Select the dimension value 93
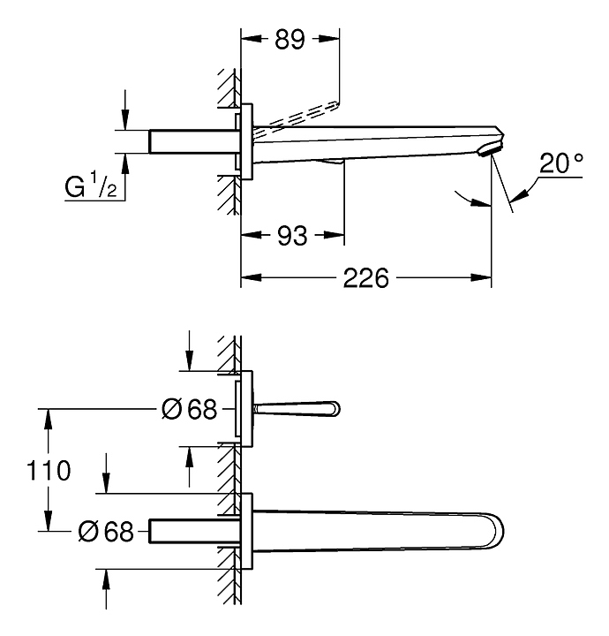point(292,236)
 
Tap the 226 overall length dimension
point(366,279)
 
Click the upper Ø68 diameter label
point(191,409)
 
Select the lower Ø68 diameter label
point(106,532)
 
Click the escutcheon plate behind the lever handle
point(248,410)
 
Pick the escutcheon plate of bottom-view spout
point(248,532)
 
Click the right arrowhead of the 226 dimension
point(486,279)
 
